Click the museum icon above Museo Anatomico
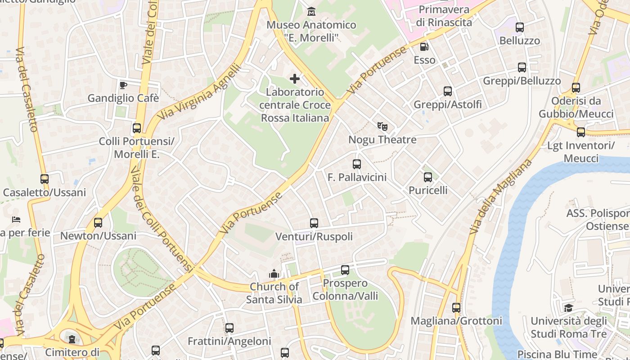tap(311, 11)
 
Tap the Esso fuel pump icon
tap(424, 46)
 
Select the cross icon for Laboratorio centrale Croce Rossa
tap(295, 79)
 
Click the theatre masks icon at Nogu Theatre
tap(382, 126)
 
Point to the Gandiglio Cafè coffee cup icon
tap(123, 85)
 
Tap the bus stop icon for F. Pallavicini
tap(357, 164)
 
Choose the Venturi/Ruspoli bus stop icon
tap(314, 223)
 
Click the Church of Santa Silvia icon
tap(274, 274)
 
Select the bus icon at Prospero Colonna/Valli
tap(345, 270)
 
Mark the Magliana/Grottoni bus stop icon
tap(456, 308)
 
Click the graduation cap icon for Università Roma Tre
tap(569, 308)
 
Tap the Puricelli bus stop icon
tap(428, 177)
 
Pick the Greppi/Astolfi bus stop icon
tap(448, 91)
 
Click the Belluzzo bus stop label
tap(520, 40)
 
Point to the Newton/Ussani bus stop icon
tap(98, 222)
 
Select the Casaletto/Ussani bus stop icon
tap(44, 179)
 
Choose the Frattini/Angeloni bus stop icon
tap(229, 328)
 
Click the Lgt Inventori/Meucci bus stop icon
tap(581, 132)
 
